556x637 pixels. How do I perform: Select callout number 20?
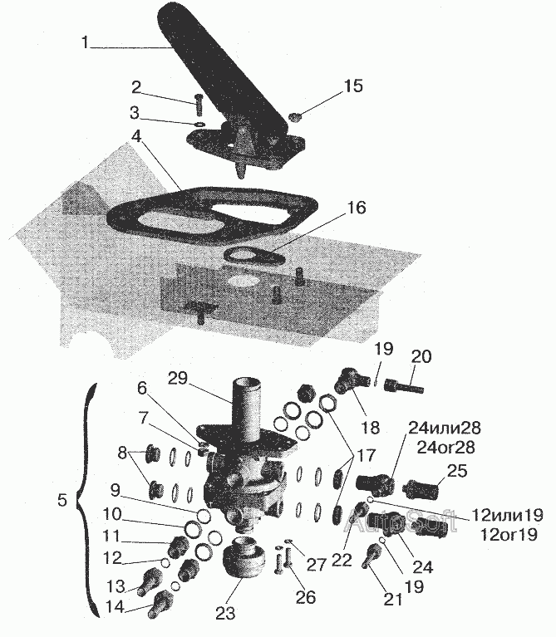(422, 356)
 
